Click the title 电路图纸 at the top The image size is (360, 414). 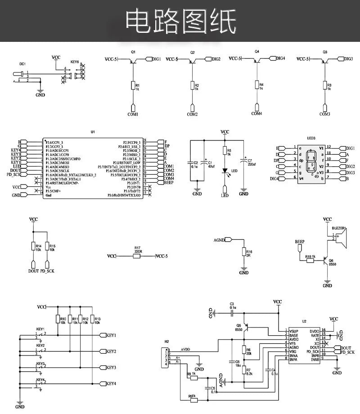coord(180,21)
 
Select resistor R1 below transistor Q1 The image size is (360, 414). coord(133,85)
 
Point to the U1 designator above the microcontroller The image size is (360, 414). coord(93,132)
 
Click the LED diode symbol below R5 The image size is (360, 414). coord(225,171)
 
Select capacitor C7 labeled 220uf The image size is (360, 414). coord(243,163)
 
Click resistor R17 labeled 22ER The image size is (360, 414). coord(137,256)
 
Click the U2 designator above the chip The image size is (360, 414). coord(304,321)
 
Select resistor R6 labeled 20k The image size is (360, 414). coord(244,350)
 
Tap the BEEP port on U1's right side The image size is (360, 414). coord(168,183)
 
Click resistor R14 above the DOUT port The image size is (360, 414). coord(33,246)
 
